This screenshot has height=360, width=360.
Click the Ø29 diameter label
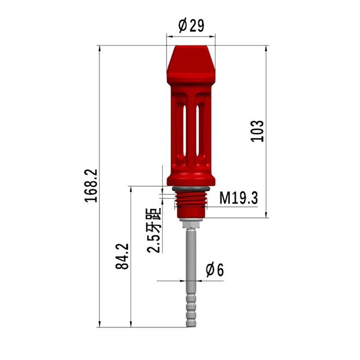pos(191,25)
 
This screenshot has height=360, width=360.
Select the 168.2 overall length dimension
pos(91,186)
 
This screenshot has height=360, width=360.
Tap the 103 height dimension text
pos(257,131)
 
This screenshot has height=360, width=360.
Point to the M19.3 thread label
pos(238,198)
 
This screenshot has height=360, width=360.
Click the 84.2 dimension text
pos(122,256)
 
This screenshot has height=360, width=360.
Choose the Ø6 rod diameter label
pos(215,270)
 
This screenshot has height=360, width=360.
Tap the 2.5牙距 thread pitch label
pos(154,230)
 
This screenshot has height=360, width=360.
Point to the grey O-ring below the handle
pos(191,189)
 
